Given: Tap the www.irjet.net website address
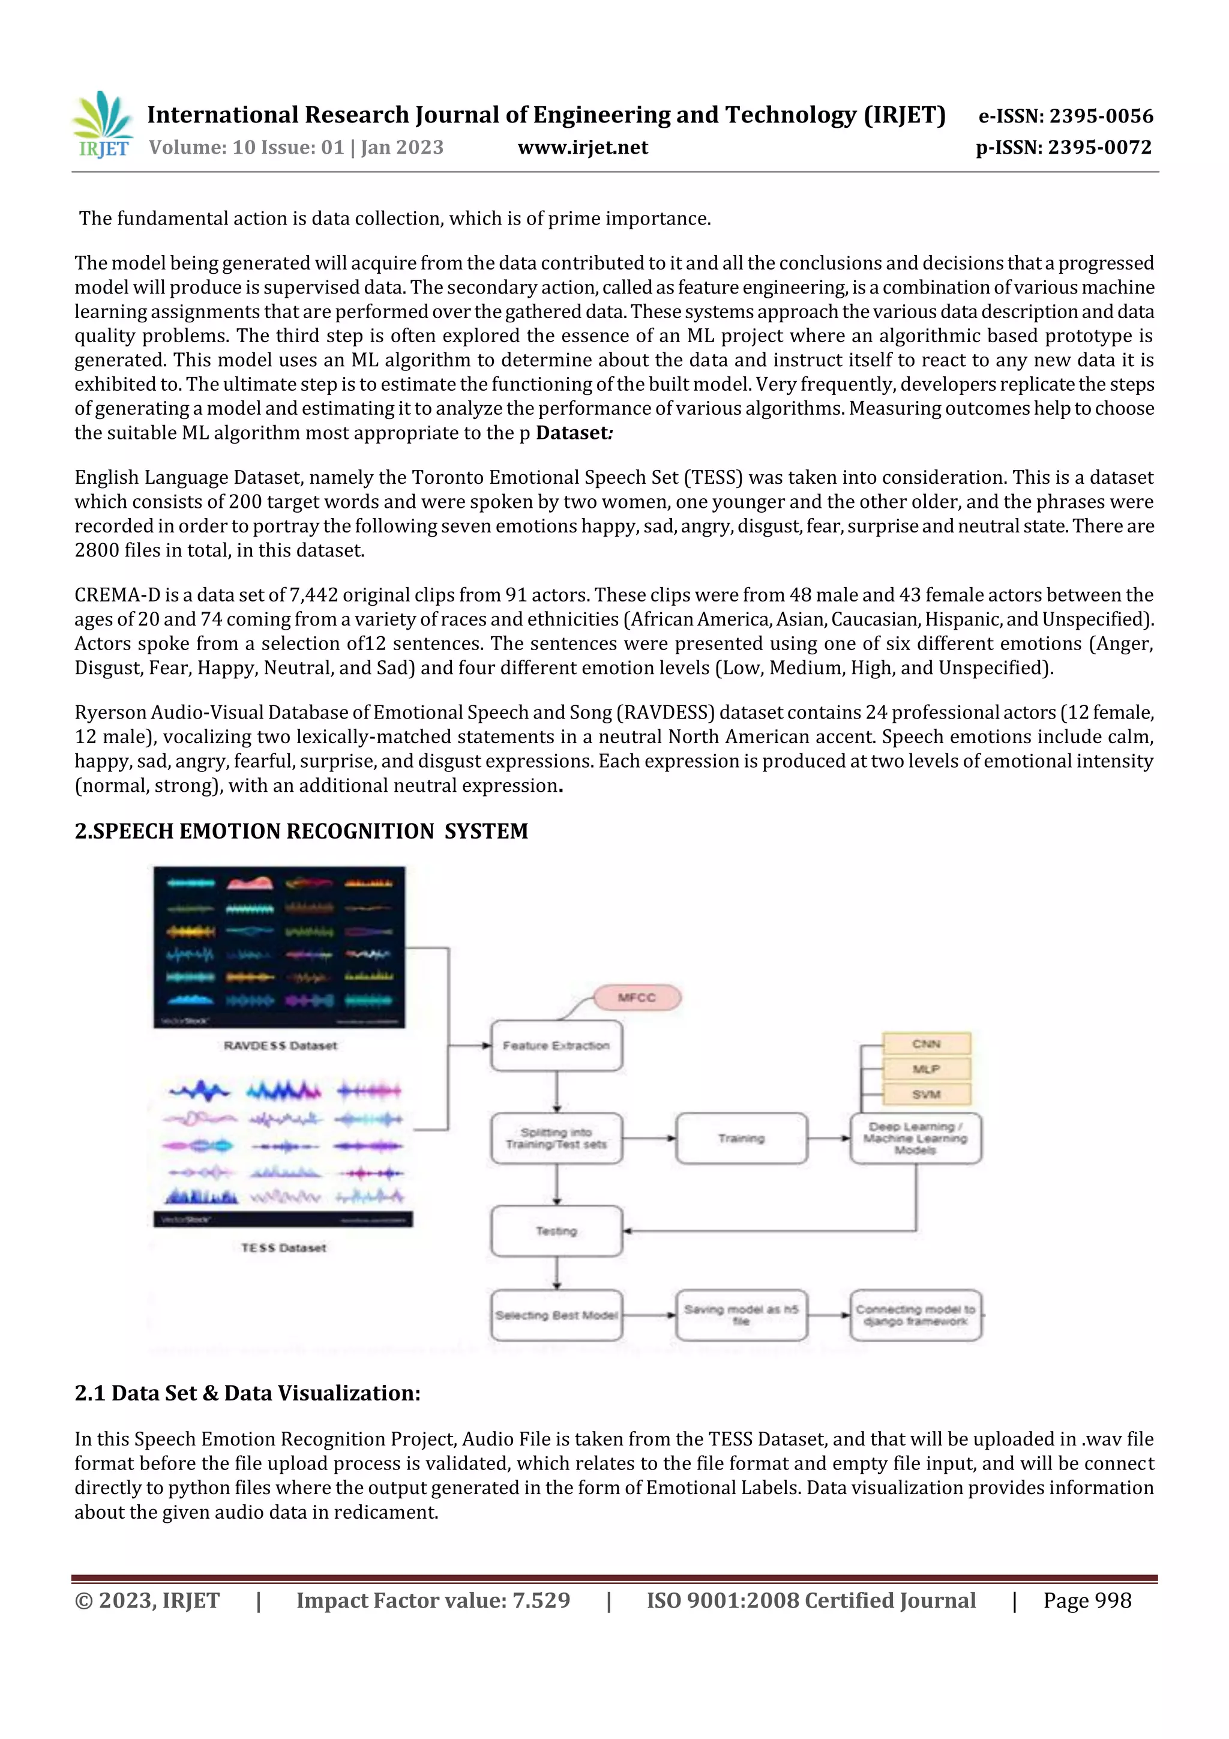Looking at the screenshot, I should click(x=582, y=147).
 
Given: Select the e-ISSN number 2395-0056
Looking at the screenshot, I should click(x=1065, y=116).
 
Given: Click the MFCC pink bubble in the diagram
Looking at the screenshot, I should click(x=637, y=998).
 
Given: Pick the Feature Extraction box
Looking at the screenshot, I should click(x=556, y=1045).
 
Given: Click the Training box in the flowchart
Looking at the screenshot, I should click(x=741, y=1138).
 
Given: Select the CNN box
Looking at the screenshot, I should click(x=926, y=1044).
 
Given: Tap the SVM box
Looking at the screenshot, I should click(x=926, y=1094).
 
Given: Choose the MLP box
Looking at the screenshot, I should click(x=926, y=1068).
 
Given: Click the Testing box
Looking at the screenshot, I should click(x=556, y=1231).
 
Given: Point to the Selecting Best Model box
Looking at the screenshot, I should click(x=556, y=1315).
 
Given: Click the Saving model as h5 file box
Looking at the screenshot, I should click(x=741, y=1315).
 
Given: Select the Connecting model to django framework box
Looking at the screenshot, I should click(x=916, y=1315).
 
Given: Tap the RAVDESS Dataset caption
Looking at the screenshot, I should click(x=280, y=1045).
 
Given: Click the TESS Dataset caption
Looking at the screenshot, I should click(x=283, y=1247).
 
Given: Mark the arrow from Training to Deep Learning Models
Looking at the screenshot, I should click(x=829, y=1138).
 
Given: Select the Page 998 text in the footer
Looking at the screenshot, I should click(x=1087, y=1600).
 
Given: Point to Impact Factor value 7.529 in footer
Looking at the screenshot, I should click(x=433, y=1600).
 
